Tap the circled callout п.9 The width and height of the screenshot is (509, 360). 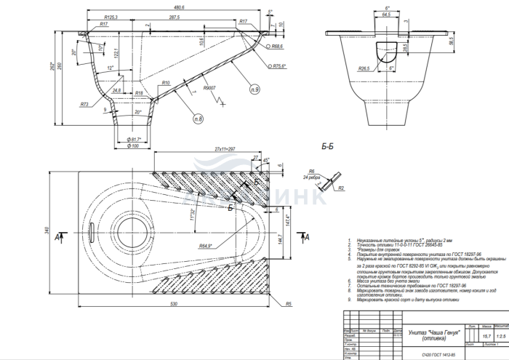254,89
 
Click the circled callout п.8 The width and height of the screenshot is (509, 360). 198,117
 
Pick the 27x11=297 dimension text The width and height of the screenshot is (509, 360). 226,148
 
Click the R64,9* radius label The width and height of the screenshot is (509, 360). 209,247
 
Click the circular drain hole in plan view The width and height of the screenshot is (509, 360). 135,225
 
